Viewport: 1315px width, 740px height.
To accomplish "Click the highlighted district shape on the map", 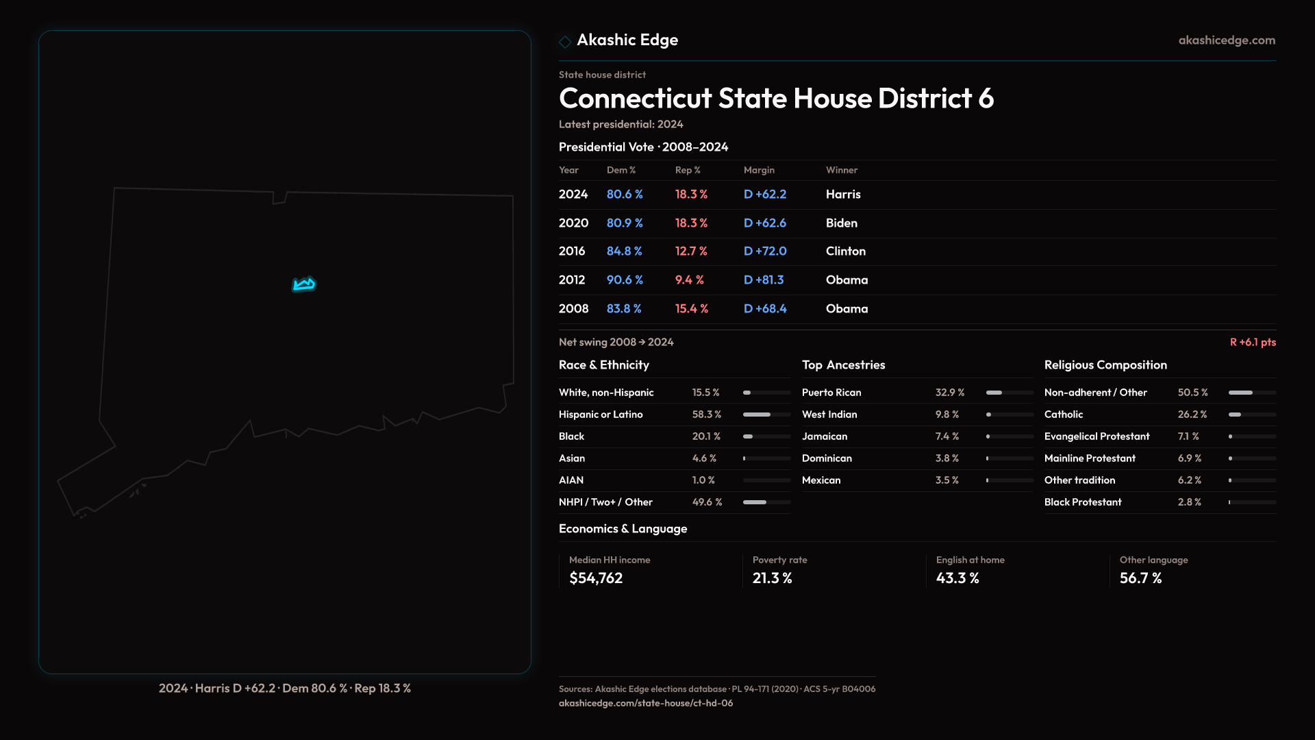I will pyautogui.click(x=304, y=284).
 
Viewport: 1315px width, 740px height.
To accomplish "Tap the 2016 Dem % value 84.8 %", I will pyautogui.click(x=624, y=251).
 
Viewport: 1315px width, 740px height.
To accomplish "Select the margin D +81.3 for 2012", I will pyautogui.click(x=764, y=280).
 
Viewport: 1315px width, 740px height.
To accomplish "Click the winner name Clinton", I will pyautogui.click(x=845, y=251).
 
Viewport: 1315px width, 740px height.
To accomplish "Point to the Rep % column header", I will pyautogui.click(x=688, y=171).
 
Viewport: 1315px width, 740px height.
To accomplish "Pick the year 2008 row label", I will pyautogui.click(x=573, y=309).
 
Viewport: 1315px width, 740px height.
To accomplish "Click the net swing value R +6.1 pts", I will pyautogui.click(x=1252, y=343).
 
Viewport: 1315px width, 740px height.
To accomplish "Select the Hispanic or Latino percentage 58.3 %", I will pyautogui.click(x=706, y=415).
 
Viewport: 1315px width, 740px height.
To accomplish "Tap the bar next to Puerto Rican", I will pyautogui.click(x=1010, y=393).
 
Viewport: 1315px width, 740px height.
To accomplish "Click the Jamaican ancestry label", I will pyautogui.click(x=825, y=436).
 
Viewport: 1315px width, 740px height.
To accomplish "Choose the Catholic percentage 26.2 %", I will pyautogui.click(x=1192, y=415).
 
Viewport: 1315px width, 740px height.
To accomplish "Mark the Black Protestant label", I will pyautogui.click(x=1083, y=502).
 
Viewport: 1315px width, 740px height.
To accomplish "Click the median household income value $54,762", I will pyautogui.click(x=596, y=578).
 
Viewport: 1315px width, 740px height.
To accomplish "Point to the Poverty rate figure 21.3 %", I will pyautogui.click(x=772, y=578).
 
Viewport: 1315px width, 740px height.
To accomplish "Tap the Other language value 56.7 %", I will pyautogui.click(x=1140, y=578).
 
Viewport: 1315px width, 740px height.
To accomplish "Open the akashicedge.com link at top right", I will pyautogui.click(x=1227, y=40).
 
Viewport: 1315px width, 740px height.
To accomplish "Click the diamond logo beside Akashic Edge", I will pyautogui.click(x=565, y=42).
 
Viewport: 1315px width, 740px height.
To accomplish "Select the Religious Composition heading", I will pyautogui.click(x=1105, y=365).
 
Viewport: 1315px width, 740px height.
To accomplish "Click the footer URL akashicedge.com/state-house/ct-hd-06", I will pyautogui.click(x=646, y=703).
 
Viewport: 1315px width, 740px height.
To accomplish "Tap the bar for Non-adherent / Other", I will pyautogui.click(x=1252, y=393).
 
